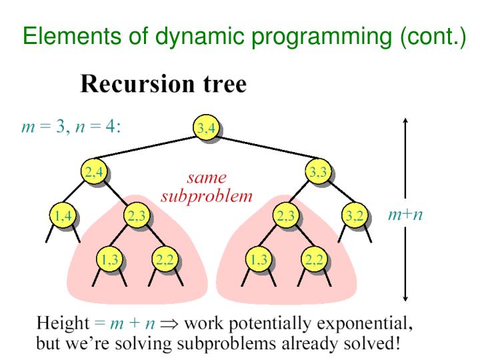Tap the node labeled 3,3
(x=316, y=172)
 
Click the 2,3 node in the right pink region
(x=287, y=215)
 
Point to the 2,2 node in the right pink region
(x=313, y=259)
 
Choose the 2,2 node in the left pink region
(x=163, y=259)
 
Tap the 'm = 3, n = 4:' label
(x=71, y=127)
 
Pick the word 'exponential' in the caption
(x=367, y=325)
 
